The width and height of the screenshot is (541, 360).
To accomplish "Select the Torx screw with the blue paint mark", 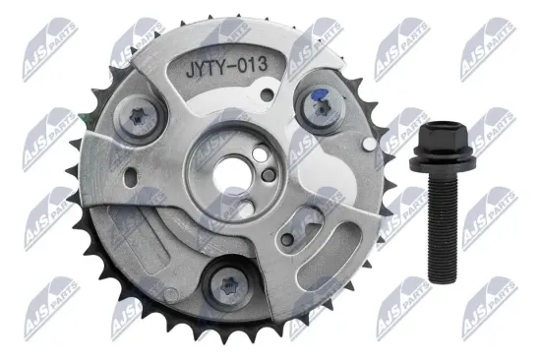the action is (x=321, y=108).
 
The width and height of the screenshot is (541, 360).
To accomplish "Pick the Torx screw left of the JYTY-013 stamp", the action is (x=140, y=118).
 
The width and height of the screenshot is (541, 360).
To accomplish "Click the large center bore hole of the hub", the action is (x=229, y=172).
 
